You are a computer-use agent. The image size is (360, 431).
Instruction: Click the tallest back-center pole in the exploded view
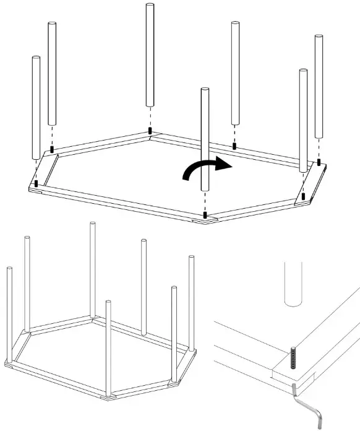[x=150, y=56]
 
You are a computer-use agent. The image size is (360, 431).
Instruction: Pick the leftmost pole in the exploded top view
[x=36, y=105]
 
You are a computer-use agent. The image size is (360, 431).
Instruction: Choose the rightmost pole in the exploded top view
[x=320, y=87]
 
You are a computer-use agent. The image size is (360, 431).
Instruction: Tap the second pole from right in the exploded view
[x=303, y=118]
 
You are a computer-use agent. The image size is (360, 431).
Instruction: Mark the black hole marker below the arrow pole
[x=205, y=215]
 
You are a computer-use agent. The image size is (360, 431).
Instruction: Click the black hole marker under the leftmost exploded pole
[x=36, y=183]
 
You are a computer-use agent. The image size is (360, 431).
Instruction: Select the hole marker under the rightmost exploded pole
[x=319, y=163]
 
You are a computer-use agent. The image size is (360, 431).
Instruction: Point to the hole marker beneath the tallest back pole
[x=150, y=131]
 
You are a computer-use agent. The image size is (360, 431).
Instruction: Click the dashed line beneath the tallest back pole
[x=150, y=118]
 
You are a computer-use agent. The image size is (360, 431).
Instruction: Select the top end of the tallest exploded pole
[x=150, y=6]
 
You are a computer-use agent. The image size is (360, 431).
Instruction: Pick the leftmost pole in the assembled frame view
[x=10, y=316]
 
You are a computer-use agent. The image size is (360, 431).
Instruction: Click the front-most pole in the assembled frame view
[x=108, y=347]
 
